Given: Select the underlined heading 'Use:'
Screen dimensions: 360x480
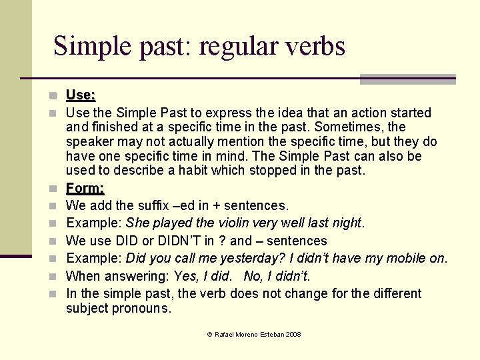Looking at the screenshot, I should pyautogui.click(x=81, y=97).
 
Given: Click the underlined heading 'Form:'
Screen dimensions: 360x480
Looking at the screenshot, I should pyautogui.click(x=85, y=189).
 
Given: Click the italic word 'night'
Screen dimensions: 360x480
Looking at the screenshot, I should pyautogui.click(x=347, y=223).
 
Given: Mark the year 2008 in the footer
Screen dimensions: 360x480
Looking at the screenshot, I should pyautogui.click(x=293, y=334).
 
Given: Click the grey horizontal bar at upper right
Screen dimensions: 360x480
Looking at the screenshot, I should pyautogui.click(x=407, y=79).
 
